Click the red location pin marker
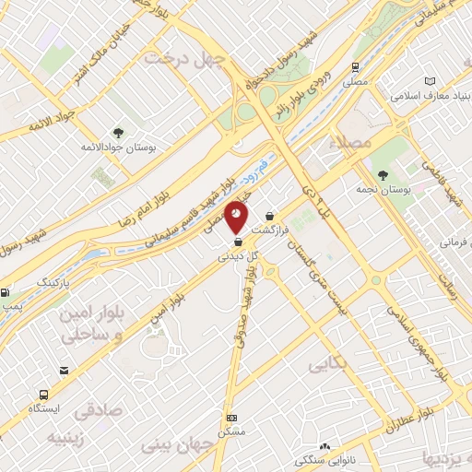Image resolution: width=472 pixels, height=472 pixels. click(x=237, y=215)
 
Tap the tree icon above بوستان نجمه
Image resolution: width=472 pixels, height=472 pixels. click(x=382, y=174)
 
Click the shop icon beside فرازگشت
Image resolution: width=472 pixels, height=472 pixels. click(x=269, y=217)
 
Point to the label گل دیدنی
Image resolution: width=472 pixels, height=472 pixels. click(x=237, y=258)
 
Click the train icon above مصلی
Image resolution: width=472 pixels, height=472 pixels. click(x=355, y=67)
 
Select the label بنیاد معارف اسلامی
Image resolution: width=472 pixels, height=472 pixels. click(x=419, y=96)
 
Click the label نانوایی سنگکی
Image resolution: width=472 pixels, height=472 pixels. click(x=325, y=458)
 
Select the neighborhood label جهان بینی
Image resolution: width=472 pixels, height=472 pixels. click(x=175, y=444)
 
